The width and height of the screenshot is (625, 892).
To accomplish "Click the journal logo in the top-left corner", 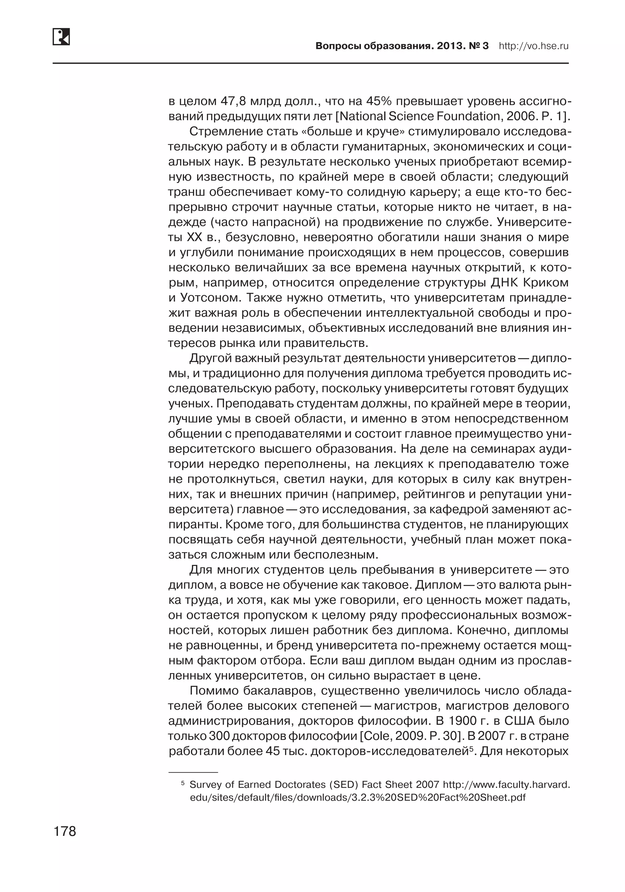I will point(61,37).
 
